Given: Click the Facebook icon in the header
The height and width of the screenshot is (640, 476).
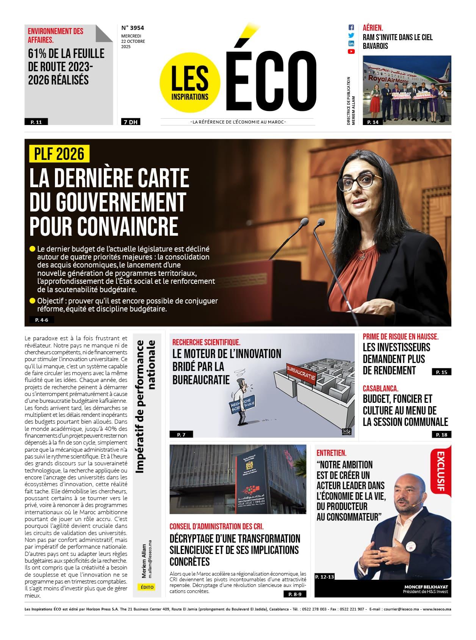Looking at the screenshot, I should (x=351, y=27).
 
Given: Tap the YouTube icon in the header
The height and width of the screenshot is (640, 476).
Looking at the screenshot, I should (x=351, y=52).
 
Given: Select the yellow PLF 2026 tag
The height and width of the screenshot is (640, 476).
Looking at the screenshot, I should (x=59, y=154).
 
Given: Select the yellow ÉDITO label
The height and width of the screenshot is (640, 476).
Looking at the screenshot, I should (x=147, y=587).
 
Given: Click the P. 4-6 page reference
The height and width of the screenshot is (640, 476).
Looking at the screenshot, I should (x=42, y=320).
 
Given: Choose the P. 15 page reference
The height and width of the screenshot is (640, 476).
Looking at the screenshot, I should (x=442, y=372).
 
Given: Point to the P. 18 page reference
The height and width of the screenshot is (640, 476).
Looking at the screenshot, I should (x=442, y=435).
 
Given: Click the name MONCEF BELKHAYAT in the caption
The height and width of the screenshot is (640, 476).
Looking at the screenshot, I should (x=426, y=587).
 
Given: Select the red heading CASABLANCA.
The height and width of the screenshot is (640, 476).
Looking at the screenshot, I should (x=380, y=388).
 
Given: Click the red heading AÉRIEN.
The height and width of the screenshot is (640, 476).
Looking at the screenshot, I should (x=373, y=28).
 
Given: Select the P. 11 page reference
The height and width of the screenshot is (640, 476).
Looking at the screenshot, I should (x=36, y=122).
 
